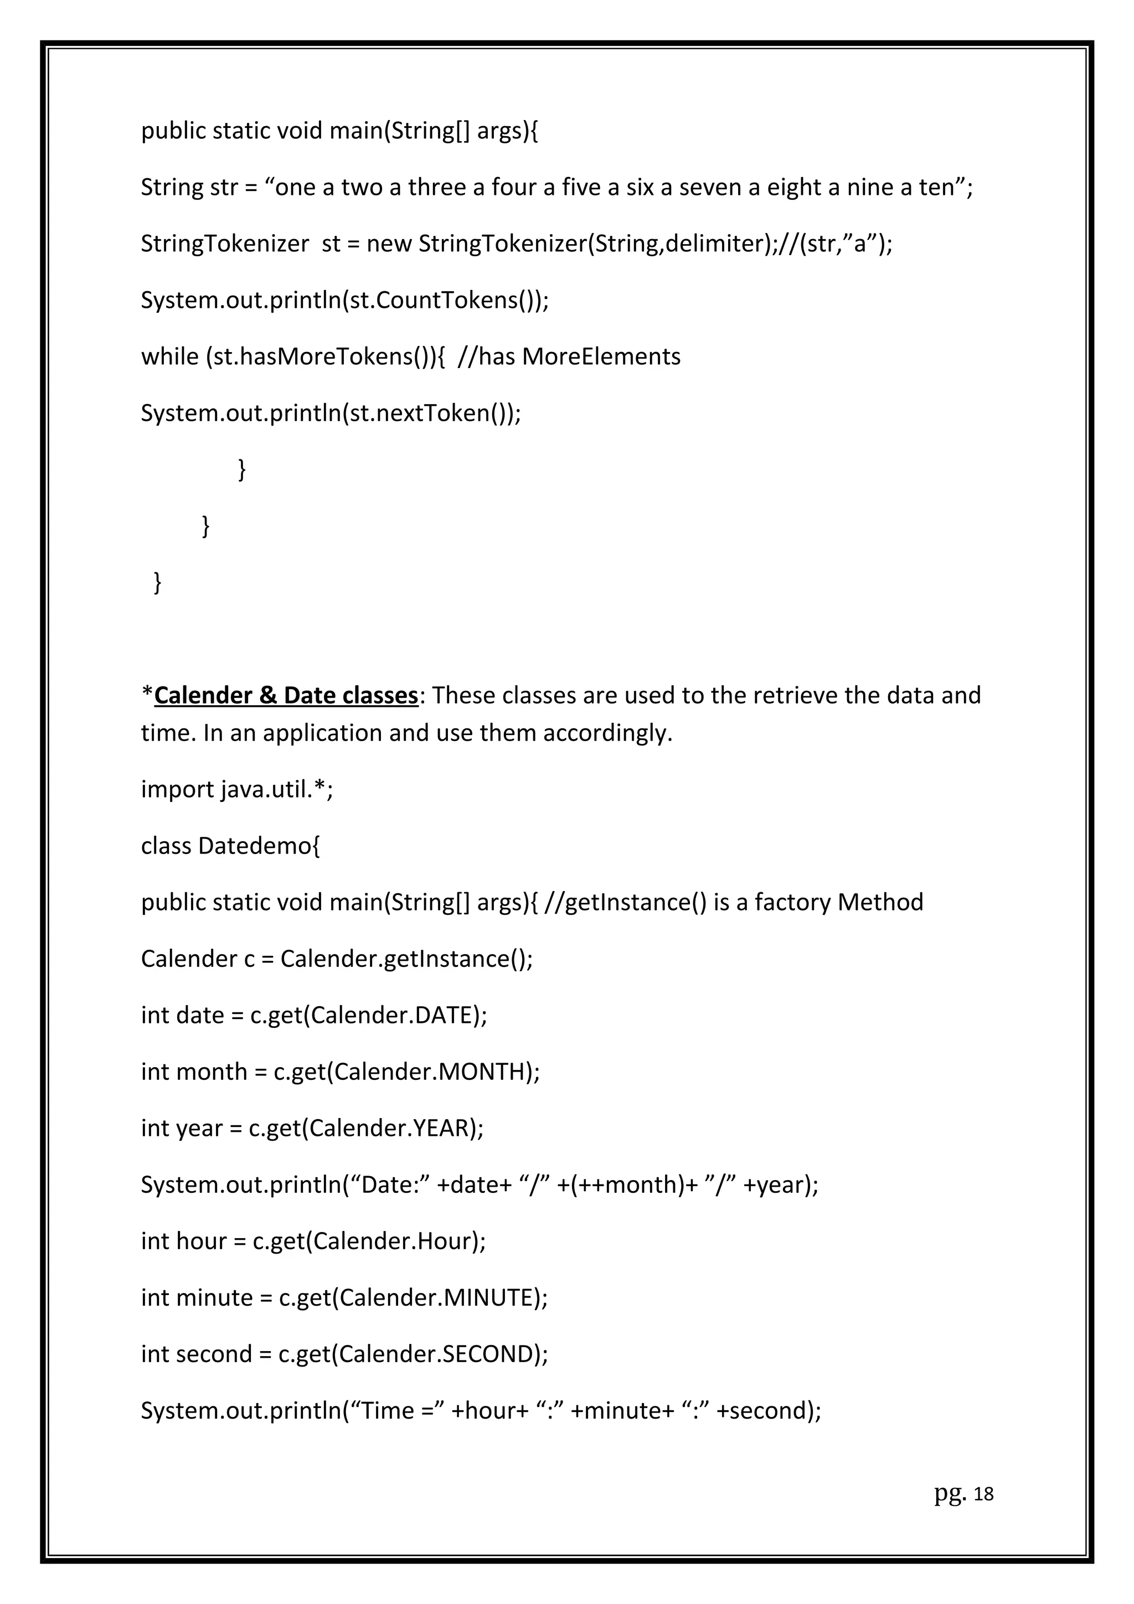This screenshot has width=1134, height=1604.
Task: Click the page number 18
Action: [x=982, y=1494]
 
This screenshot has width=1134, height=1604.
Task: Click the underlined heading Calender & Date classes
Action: [x=286, y=695]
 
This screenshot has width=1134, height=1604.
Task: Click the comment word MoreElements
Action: [x=601, y=357]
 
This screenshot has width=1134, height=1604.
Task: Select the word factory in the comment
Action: [x=792, y=903]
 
